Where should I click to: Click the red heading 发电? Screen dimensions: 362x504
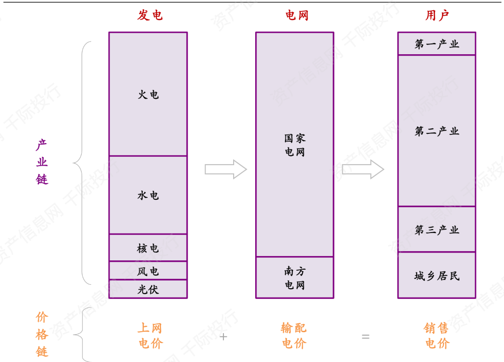pos(150,16)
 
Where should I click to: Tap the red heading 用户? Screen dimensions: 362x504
pos(437,16)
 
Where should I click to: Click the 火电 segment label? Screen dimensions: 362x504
pos(148,94)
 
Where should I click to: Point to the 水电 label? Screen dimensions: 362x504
pos(148,195)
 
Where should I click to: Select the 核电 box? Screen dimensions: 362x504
pos(148,248)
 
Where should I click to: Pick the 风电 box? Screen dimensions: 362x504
pos(148,271)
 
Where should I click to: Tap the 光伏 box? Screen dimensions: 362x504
pos(148,289)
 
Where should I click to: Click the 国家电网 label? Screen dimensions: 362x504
pos(295,145)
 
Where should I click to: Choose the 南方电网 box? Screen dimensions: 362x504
pos(295,277)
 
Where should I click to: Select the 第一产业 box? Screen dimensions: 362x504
pos(437,44)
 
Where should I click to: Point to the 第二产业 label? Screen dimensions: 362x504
pos(437,131)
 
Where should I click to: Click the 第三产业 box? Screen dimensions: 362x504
pos(437,230)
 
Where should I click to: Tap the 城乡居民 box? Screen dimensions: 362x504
pos(437,276)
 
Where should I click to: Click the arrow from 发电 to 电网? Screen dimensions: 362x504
pos(226,169)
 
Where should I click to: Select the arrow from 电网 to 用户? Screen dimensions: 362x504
pos(363,169)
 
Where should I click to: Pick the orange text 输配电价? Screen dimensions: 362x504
pos(294,336)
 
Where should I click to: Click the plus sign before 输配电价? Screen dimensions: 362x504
pos(223,337)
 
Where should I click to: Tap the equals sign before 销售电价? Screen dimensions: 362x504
pos(366,337)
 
